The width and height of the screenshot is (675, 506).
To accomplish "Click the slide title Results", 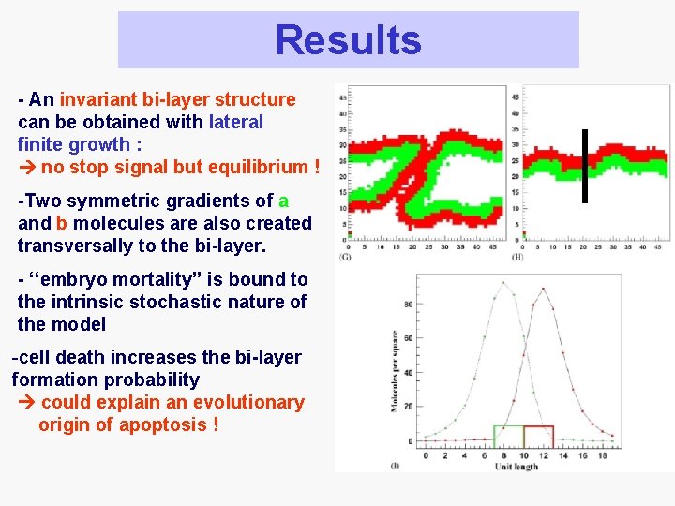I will pos(348,40).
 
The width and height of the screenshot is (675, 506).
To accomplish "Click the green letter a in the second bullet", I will pos(283,201).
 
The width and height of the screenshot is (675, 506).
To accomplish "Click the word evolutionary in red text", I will pos(247,402).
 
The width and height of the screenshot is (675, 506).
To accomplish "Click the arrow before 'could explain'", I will pos(27,402).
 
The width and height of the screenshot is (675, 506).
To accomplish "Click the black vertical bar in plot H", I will pos(584,165).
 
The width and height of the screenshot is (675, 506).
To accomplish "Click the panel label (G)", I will pos(345,258).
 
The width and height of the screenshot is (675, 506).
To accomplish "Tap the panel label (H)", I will pos(517,258).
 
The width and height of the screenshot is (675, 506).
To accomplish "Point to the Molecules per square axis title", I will pos(395,371).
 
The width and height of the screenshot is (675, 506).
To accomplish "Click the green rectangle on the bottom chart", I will pos(508,436).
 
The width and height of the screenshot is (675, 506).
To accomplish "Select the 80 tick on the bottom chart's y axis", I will pos(408,304).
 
